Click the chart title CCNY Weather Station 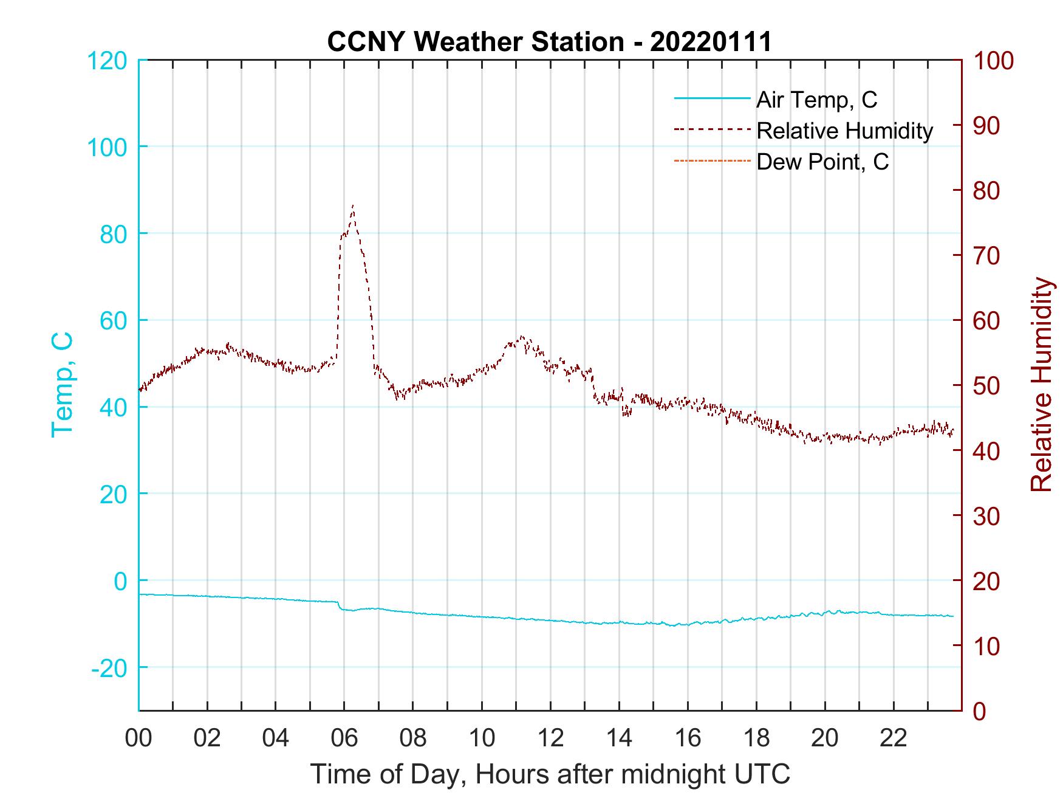tap(549, 42)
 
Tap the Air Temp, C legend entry tap(816, 100)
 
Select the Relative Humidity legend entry tap(844, 131)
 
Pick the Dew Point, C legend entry tap(822, 162)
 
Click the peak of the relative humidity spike tap(353, 205)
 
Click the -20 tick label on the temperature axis tap(109, 668)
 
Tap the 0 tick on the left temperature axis tap(120, 581)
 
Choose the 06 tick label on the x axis tap(344, 739)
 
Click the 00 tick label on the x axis tap(138, 739)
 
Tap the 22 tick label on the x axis tap(894, 739)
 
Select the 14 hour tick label tap(619, 739)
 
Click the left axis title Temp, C tap(62, 384)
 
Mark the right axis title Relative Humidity tap(1041, 384)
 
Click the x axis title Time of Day tap(550, 774)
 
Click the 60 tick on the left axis tap(113, 321)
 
